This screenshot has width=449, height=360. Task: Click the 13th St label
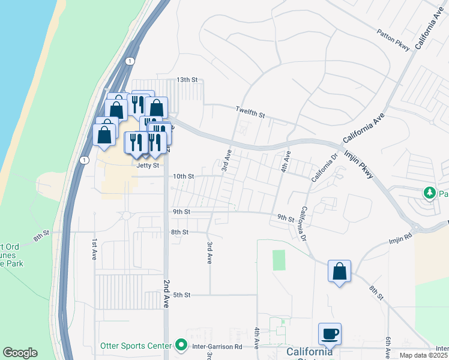(x=187, y=80)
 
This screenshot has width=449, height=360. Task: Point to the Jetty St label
(x=148, y=165)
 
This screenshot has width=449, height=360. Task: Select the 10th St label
(x=184, y=176)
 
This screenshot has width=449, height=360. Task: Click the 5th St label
(x=181, y=295)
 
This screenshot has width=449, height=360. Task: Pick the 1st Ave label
(x=94, y=248)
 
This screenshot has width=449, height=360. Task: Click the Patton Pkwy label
(x=393, y=39)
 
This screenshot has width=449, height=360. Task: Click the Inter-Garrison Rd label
(x=217, y=346)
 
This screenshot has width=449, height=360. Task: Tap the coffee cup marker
(x=330, y=334)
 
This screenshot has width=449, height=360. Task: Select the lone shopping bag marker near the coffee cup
(x=340, y=271)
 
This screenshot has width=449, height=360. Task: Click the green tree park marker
(x=429, y=193)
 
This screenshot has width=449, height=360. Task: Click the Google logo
(x=20, y=353)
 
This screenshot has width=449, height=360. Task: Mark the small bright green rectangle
(x=279, y=260)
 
